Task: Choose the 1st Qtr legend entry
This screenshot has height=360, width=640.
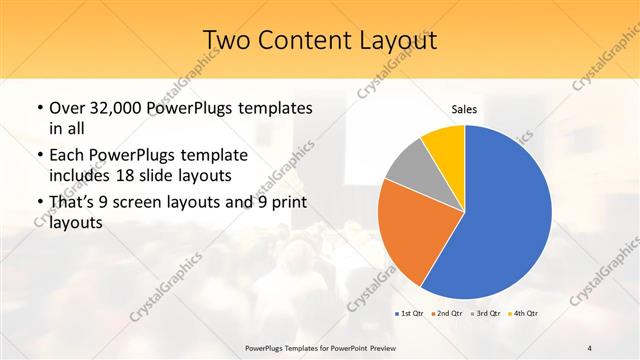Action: (x=409, y=314)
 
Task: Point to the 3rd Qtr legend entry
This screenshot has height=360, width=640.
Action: (x=487, y=314)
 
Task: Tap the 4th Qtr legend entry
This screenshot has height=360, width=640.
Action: (x=525, y=314)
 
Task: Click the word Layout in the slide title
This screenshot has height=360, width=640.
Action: (x=391, y=39)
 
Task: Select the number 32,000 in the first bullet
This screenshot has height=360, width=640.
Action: (x=119, y=108)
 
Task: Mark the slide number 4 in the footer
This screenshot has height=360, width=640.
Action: (x=590, y=347)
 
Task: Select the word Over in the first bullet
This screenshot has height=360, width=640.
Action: (x=68, y=108)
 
